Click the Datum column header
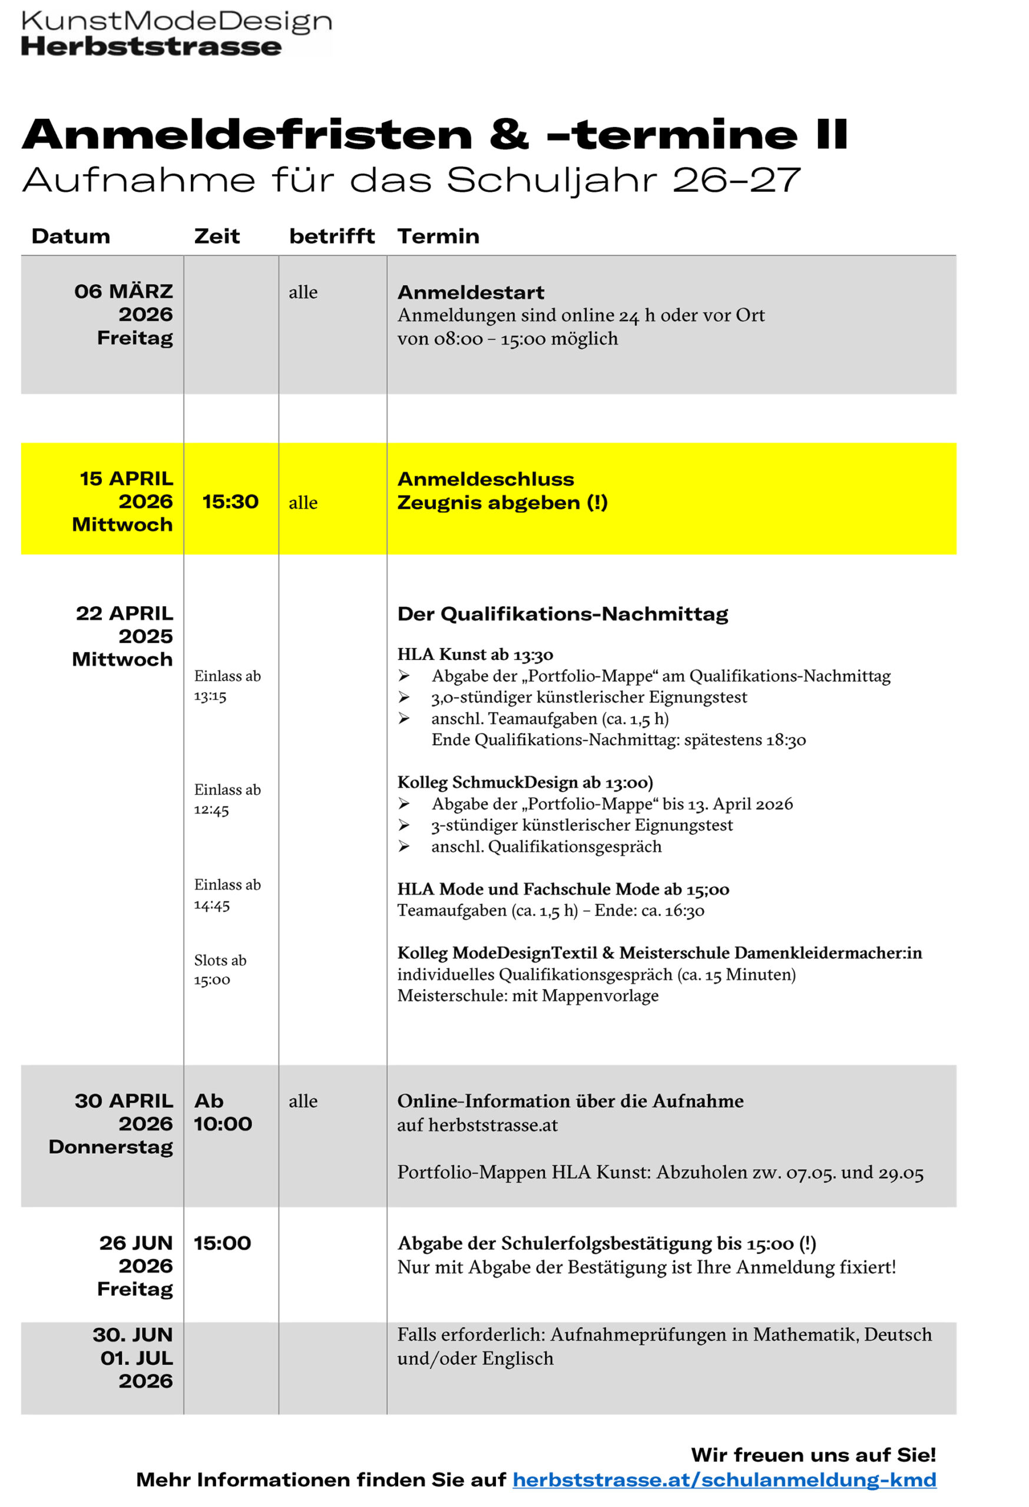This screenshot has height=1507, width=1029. pos(71,236)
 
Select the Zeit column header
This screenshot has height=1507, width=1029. pos(217,236)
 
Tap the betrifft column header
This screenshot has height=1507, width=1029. pos(332,236)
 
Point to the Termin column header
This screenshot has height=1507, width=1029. pos(438,236)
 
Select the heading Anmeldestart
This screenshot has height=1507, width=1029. pos(471,293)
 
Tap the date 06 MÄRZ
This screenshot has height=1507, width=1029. pos(123,291)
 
